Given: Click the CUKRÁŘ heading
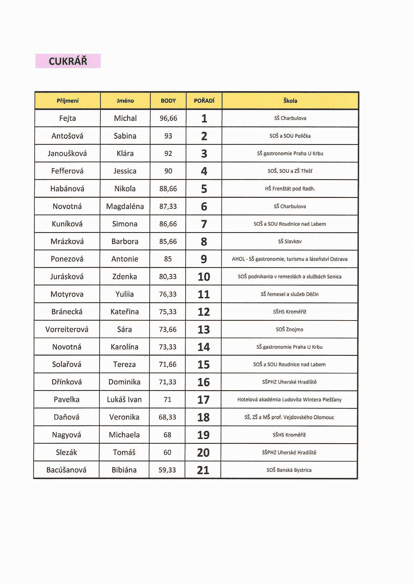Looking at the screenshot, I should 68,61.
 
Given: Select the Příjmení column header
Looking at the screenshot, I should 68,101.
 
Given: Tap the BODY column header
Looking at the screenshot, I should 168,101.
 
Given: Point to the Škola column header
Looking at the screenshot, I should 290,101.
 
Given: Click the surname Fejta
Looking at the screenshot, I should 68,118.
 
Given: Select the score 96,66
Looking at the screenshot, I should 168,118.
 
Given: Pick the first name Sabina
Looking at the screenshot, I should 125,136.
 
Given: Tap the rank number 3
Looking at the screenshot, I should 204,154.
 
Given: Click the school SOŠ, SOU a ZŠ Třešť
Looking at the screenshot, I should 290,171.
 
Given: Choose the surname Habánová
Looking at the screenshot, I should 67,188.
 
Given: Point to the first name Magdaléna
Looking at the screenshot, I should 125,206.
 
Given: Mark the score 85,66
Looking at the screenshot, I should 168,242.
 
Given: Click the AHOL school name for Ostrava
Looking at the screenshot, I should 290,259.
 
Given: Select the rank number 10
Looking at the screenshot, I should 204,277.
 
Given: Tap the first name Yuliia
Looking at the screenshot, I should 125,294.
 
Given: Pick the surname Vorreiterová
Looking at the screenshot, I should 67,329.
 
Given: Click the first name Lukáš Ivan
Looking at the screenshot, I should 124,400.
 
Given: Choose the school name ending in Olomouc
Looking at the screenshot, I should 289,417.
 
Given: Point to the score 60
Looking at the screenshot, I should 167,452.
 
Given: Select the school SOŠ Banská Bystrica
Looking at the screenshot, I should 289,470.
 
